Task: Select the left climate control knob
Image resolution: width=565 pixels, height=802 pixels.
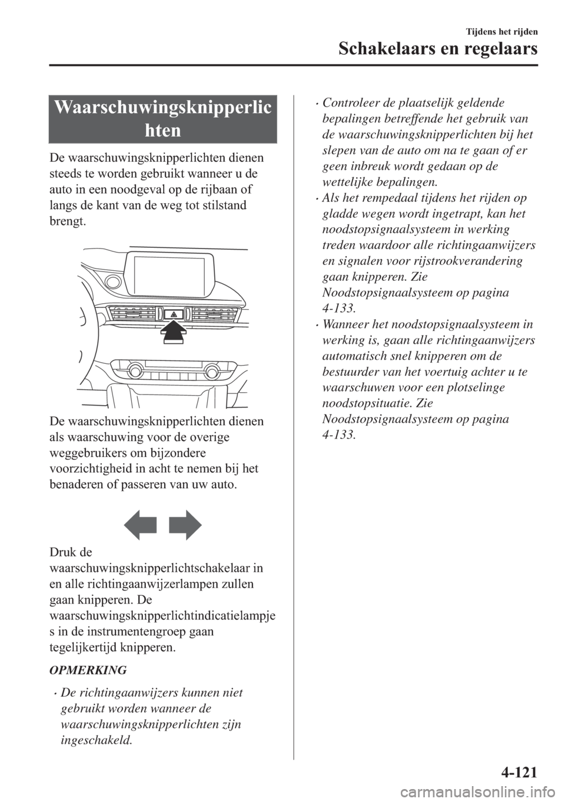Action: pos(135,371)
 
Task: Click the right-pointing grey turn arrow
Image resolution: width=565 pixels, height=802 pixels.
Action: pos(185,524)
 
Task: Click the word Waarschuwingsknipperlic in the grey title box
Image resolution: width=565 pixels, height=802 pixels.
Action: pos(163,108)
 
